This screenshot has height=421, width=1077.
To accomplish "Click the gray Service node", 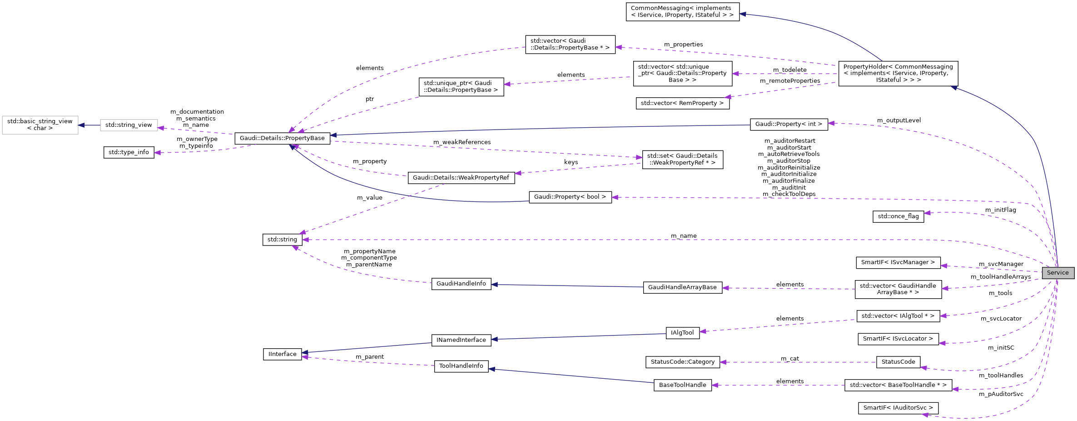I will pyautogui.click(x=1057, y=273).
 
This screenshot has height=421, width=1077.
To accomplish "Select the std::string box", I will pyautogui.click(x=282, y=240).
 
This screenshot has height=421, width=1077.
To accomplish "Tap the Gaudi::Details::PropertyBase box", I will pyautogui.click(x=282, y=138).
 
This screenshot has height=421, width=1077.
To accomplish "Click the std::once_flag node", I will pyautogui.click(x=898, y=216).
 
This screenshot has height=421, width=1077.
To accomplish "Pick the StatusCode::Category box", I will pyautogui.click(x=682, y=362).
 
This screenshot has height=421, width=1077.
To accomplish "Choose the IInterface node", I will pyautogui.click(x=282, y=354).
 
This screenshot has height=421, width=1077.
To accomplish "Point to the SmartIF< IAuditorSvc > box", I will pyautogui.click(x=898, y=408).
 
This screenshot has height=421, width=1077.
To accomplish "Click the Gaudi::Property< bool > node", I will pyautogui.click(x=570, y=197).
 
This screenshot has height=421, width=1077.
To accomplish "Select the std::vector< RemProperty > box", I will pyautogui.click(x=682, y=103).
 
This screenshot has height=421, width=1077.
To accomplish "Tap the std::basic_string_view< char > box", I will pyautogui.click(x=40, y=125).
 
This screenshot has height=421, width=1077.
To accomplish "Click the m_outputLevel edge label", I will pyautogui.click(x=898, y=120).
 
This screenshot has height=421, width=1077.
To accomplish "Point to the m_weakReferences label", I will pyautogui.click(x=462, y=142).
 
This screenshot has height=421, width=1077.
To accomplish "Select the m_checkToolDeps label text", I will pyautogui.click(x=789, y=194).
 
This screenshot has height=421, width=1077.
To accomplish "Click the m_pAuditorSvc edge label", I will pyautogui.click(x=1001, y=394).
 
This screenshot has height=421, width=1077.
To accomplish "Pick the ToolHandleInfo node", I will pyautogui.click(x=461, y=366).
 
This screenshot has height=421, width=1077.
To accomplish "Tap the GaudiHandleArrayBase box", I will pyautogui.click(x=682, y=287).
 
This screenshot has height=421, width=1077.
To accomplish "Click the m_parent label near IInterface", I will pyautogui.click(x=369, y=357).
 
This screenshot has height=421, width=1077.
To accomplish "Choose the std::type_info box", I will pyautogui.click(x=129, y=152).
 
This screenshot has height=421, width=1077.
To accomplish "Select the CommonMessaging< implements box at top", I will pyautogui.click(x=682, y=12).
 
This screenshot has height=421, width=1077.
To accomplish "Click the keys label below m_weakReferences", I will pyautogui.click(x=571, y=162).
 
